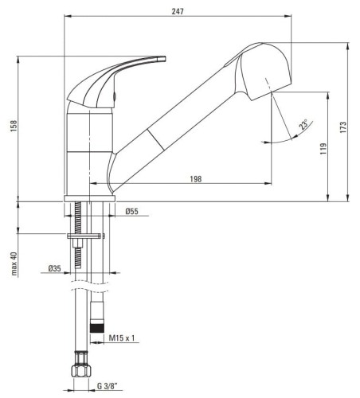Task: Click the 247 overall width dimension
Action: pyautogui.click(x=178, y=11)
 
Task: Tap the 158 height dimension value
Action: pyautogui.click(x=14, y=126)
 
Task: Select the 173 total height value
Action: pyautogui.click(x=343, y=127)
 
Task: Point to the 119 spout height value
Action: pyautogui.click(x=323, y=149)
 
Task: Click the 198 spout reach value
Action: pyautogui.click(x=196, y=179)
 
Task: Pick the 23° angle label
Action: pyautogui.click(x=303, y=124)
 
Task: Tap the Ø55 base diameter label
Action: pyautogui.click(x=132, y=211)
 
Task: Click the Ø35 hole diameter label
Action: pyautogui.click(x=54, y=268)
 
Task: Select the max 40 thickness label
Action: pyautogui.click(x=14, y=263)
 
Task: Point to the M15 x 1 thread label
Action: pyautogui.click(x=122, y=338)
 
